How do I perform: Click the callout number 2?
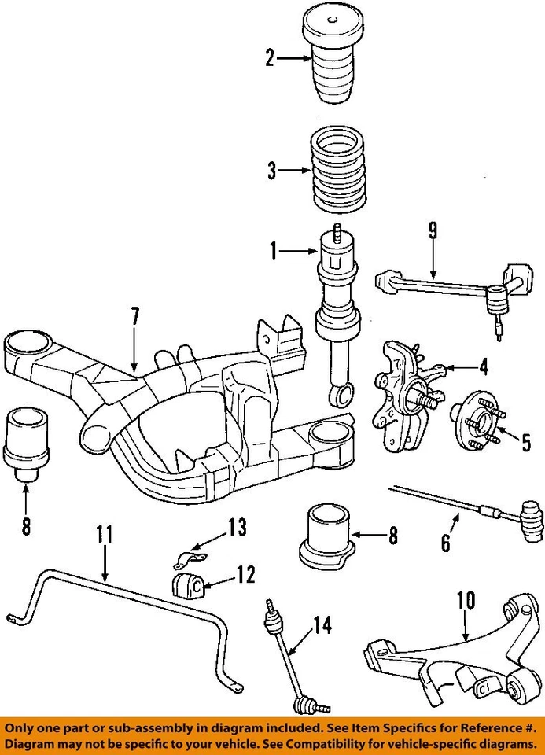coord(271,57)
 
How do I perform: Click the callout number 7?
coord(134,318)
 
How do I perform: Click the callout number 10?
coord(466,600)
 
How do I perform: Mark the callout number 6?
coord(445,542)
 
